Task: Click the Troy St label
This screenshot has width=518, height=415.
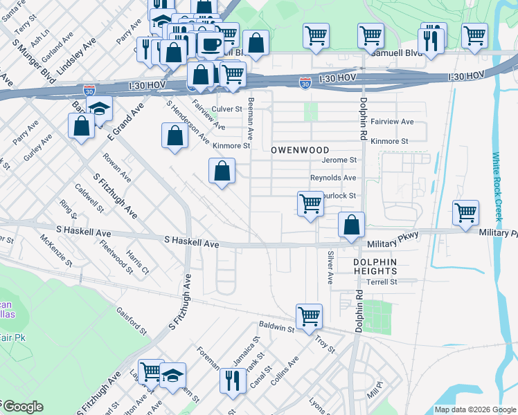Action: [x=324, y=342]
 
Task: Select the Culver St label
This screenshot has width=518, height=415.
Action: [x=226, y=109]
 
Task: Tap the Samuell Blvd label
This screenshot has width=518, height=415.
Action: [x=395, y=53]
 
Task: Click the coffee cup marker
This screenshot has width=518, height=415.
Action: [x=210, y=44]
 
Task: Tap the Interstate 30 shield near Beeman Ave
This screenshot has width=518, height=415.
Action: [x=305, y=83]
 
